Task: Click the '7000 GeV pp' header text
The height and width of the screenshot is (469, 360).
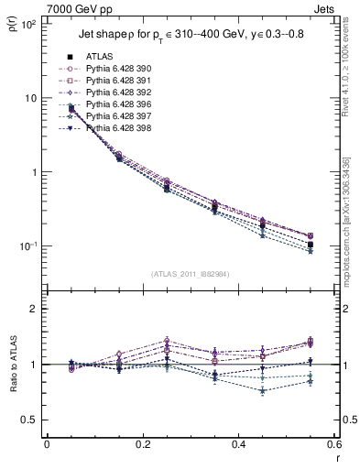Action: pos(77,7)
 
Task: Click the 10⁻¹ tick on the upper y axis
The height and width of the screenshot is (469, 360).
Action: pos(28,246)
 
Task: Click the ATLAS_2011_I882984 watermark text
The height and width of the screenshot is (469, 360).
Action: pos(190,274)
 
